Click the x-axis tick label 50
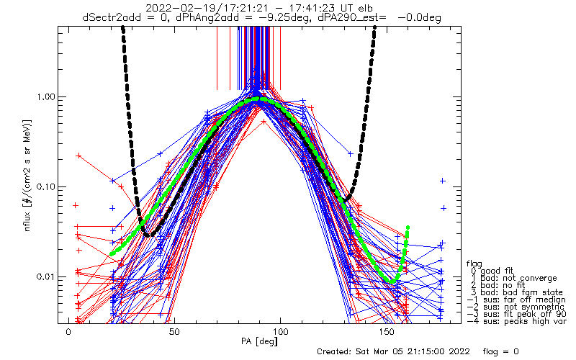coord(174,332)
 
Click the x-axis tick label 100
coord(280,332)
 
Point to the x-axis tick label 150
coord(387,332)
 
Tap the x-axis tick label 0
coord(68,332)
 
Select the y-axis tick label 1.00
coord(45,97)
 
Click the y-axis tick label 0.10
coord(45,187)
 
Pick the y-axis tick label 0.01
coord(45,276)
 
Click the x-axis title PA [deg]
coord(259,341)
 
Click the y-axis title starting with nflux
coord(27,176)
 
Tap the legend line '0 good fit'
coord(492,271)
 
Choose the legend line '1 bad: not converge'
coord(514,278)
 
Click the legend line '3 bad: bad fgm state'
coord(517,292)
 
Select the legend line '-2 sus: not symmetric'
coord(516,307)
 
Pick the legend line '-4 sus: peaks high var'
coord(516,321)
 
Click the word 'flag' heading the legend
coord(474,264)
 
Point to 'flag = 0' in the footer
coord(500,351)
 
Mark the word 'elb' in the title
coord(365,8)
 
